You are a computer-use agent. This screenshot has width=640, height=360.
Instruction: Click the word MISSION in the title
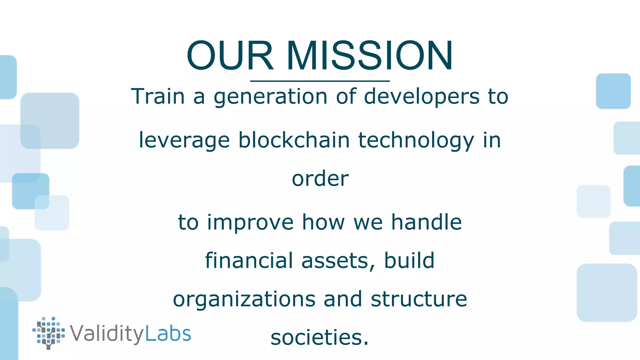pyautogui.click(x=369, y=56)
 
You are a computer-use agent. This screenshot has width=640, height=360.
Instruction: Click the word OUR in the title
pyautogui.click(x=230, y=56)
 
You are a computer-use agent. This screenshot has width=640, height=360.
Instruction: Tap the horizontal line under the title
pyautogui.click(x=320, y=81)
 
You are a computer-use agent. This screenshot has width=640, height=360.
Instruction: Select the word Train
pyautogui.click(x=158, y=96)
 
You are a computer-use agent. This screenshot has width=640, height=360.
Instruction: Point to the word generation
pyautogui.click(x=270, y=97)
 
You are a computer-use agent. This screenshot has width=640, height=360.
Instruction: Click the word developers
pyautogui.click(x=422, y=97)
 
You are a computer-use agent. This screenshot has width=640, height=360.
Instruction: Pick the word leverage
pyautogui.click(x=184, y=141)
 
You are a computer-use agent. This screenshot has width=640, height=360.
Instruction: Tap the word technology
pyautogui.click(x=416, y=141)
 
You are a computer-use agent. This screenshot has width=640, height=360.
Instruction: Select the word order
pyautogui.click(x=320, y=179)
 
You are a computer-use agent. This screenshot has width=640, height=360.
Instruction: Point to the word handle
pyautogui.click(x=427, y=222)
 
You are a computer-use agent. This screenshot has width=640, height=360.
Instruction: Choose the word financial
pyautogui.click(x=249, y=261)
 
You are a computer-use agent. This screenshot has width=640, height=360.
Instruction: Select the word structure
pyautogui.click(x=419, y=299)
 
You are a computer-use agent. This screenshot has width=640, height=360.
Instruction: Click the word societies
pyautogui.click(x=319, y=338)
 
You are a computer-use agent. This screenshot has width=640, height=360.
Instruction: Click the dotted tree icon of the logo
pyautogui.click(x=48, y=333)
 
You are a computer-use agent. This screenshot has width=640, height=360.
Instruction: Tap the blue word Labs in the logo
pyautogui.click(x=168, y=334)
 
